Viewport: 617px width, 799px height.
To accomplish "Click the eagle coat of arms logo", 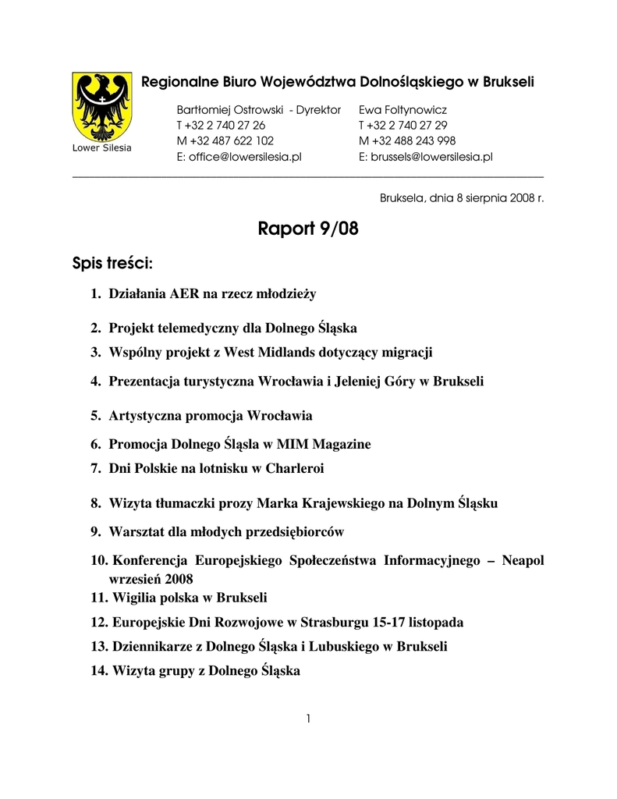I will (101, 107).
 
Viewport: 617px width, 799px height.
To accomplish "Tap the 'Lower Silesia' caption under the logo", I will (101, 148).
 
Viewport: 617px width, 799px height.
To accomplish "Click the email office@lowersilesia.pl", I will (239, 157).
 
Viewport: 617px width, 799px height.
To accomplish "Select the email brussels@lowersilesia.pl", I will (426, 157).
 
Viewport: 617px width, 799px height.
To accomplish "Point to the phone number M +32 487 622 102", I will (225, 141).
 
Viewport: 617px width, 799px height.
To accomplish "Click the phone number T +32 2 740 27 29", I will (403, 126).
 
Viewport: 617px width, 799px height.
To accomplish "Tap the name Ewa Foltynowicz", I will (402, 110).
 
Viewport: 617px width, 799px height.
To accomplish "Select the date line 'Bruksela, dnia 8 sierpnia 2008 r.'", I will (462, 198).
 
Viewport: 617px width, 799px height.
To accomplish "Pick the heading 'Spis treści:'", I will (112, 264).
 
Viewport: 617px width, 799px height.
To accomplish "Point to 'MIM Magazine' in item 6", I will (324, 444).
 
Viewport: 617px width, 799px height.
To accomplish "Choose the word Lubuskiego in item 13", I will (342, 647).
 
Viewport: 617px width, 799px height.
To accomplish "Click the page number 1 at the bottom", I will (309, 719).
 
